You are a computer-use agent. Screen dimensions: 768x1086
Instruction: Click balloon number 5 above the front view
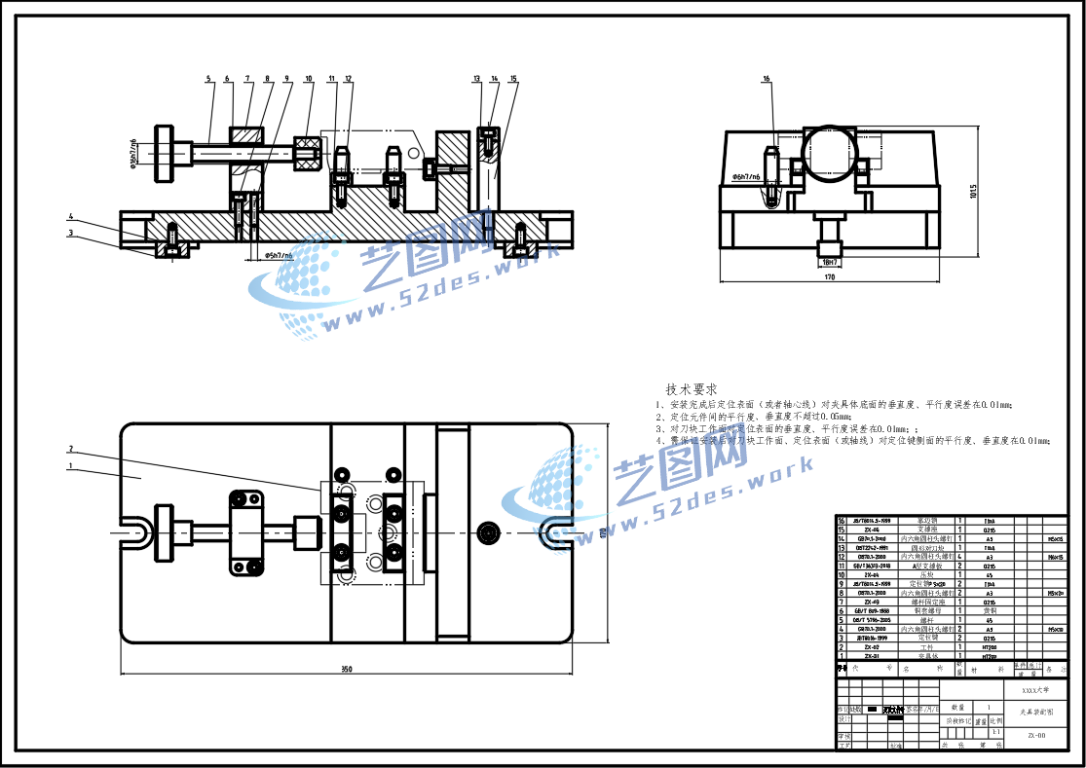click(209, 78)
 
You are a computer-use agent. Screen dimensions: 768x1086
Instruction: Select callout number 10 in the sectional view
click(309, 78)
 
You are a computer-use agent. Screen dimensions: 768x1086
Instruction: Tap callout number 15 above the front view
click(513, 78)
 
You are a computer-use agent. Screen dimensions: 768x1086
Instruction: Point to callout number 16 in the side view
click(767, 78)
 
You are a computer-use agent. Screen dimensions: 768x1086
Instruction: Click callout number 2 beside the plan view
click(71, 449)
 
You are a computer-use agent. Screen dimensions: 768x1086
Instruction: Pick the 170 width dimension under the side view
click(829, 277)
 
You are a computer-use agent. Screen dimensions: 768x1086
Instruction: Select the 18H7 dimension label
click(830, 262)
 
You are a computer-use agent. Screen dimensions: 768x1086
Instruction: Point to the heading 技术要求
click(692, 388)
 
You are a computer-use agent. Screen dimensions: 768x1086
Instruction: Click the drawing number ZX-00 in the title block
click(1036, 736)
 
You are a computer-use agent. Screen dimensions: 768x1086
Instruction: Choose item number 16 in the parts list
click(843, 521)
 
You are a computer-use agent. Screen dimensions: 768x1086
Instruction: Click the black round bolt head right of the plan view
click(486, 531)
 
